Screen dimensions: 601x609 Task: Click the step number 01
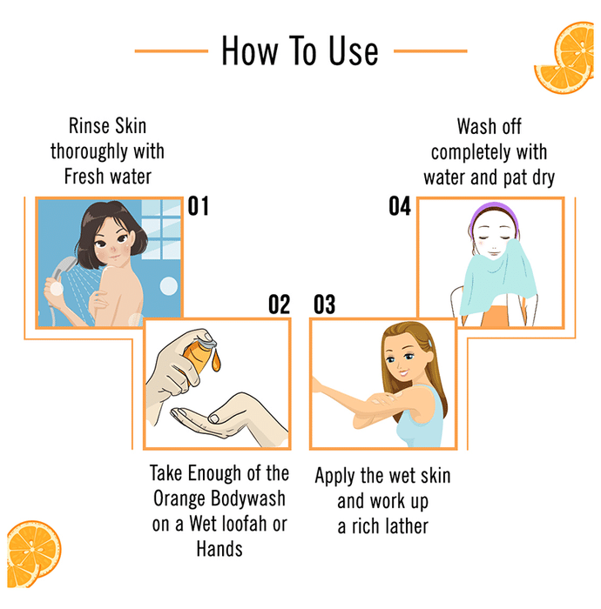(199, 206)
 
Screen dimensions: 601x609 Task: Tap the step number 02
(279, 304)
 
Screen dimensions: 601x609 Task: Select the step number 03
(325, 304)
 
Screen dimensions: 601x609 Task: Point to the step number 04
(400, 206)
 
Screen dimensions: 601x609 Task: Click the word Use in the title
(354, 50)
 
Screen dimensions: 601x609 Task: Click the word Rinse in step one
(86, 126)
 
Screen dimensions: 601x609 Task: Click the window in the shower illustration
(161, 229)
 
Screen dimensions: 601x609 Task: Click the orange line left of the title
(172, 50)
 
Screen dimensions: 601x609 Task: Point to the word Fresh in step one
(84, 177)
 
